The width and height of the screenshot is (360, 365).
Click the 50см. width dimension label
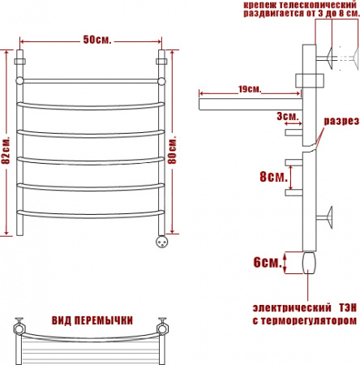(x=97, y=40)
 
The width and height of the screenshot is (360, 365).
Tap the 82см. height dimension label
(x=6, y=150)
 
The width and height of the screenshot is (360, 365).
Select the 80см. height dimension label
(x=172, y=150)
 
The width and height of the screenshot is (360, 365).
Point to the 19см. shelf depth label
(x=250, y=89)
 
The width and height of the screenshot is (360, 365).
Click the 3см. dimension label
(x=288, y=116)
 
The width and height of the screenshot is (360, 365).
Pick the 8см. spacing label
(x=273, y=177)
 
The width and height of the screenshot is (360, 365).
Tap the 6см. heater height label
(x=268, y=262)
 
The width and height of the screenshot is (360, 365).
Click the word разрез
(x=341, y=121)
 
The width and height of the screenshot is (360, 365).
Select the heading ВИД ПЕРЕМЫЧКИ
(x=92, y=320)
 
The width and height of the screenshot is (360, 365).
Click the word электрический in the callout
(x=292, y=307)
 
